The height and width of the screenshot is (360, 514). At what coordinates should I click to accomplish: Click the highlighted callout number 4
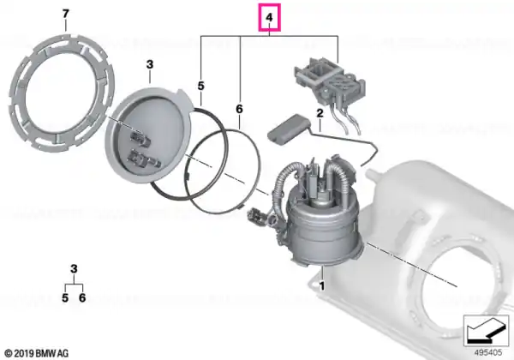[269, 17]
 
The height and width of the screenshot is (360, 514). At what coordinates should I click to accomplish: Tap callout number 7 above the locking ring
[66, 14]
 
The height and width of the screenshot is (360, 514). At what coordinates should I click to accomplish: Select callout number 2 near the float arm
[320, 113]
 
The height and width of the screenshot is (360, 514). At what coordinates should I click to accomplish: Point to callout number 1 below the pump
[322, 286]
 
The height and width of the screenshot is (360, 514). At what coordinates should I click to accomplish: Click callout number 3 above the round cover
[150, 64]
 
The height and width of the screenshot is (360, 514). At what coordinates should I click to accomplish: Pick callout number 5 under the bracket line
[201, 86]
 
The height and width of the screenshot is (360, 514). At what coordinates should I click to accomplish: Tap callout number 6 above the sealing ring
[239, 109]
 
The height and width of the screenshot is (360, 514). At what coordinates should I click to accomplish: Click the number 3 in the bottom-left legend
[74, 269]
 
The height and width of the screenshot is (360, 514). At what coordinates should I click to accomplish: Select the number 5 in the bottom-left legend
[65, 297]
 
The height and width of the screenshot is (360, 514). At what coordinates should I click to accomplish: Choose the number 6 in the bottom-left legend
[82, 297]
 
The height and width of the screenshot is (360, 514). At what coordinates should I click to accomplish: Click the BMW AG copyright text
[37, 353]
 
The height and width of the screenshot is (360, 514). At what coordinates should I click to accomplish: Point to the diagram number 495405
[488, 352]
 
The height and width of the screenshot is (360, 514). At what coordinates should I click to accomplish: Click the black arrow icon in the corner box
[486, 331]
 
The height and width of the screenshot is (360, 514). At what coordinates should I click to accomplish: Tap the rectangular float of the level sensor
[288, 129]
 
